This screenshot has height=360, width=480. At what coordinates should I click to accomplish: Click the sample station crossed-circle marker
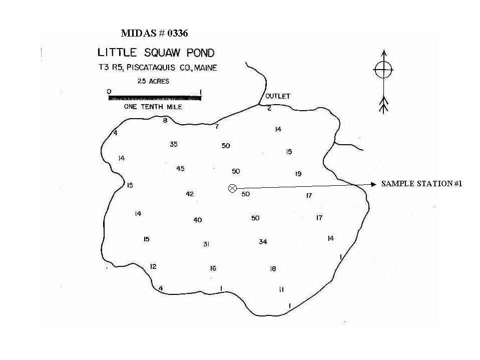[x=232, y=188]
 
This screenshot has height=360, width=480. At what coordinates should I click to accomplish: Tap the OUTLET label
[x=278, y=96]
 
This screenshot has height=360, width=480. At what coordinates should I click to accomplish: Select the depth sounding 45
[x=180, y=169]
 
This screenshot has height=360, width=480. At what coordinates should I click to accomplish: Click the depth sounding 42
[x=190, y=194]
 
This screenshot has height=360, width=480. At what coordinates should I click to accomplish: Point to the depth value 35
[x=174, y=144]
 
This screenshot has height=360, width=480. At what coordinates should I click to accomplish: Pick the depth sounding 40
[x=197, y=220]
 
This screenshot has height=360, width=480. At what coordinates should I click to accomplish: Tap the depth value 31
[x=206, y=244]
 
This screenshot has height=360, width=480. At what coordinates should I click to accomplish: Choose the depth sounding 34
[x=263, y=242]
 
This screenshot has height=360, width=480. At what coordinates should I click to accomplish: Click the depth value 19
[x=298, y=174]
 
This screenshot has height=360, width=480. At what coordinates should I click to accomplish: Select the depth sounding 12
[x=153, y=267]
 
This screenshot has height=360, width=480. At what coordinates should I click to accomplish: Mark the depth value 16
[x=213, y=268]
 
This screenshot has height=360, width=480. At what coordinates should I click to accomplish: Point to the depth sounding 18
[x=273, y=269]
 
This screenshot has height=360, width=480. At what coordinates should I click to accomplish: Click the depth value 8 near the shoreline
[x=165, y=120]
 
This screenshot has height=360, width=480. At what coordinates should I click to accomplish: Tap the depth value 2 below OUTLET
[x=269, y=108]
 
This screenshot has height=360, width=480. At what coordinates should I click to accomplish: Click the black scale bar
[x=155, y=98]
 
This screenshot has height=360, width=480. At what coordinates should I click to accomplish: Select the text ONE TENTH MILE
[x=153, y=107]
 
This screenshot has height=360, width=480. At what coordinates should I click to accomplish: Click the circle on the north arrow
[x=383, y=70]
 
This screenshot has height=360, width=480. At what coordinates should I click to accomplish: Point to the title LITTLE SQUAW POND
[x=156, y=53]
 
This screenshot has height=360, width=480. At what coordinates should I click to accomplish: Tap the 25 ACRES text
[x=153, y=81]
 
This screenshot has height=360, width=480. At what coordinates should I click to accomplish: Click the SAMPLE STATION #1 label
[x=421, y=184]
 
